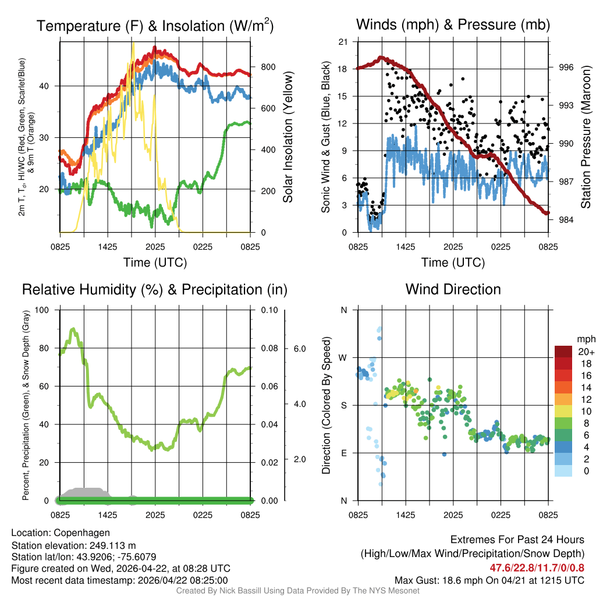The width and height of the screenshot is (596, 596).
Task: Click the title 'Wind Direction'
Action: click(x=453, y=289)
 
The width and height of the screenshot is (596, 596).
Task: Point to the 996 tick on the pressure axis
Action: click(x=567, y=68)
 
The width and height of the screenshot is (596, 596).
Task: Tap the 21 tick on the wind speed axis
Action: click(x=343, y=41)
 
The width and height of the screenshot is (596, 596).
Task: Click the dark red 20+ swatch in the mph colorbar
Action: click(x=564, y=351)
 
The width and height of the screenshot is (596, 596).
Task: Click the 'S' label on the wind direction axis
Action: click(x=343, y=405)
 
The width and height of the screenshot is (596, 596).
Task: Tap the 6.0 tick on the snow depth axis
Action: click(x=299, y=349)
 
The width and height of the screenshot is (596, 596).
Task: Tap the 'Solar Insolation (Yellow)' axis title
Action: click(x=288, y=137)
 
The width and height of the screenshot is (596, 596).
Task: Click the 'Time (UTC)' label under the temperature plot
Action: click(x=155, y=262)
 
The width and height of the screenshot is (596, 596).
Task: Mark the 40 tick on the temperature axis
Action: click(x=50, y=86)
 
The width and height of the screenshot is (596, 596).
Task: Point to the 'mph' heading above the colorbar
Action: click(x=584, y=339)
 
